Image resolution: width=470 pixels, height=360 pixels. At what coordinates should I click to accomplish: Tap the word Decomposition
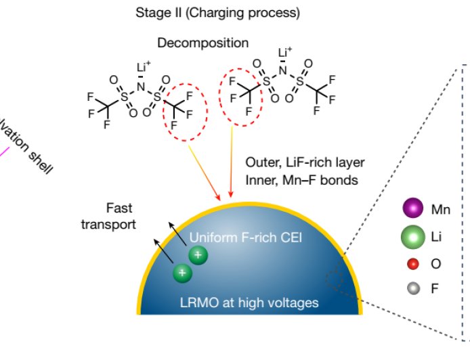click(x=202, y=43)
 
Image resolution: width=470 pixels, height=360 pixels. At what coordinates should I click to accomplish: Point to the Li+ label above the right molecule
click(x=285, y=53)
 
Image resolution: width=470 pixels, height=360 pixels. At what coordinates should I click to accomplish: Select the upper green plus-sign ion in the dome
click(x=198, y=255)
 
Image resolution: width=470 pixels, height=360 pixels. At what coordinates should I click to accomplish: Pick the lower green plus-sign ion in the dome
click(x=181, y=273)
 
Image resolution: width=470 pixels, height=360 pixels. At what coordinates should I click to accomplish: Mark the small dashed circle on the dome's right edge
click(x=336, y=278)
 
